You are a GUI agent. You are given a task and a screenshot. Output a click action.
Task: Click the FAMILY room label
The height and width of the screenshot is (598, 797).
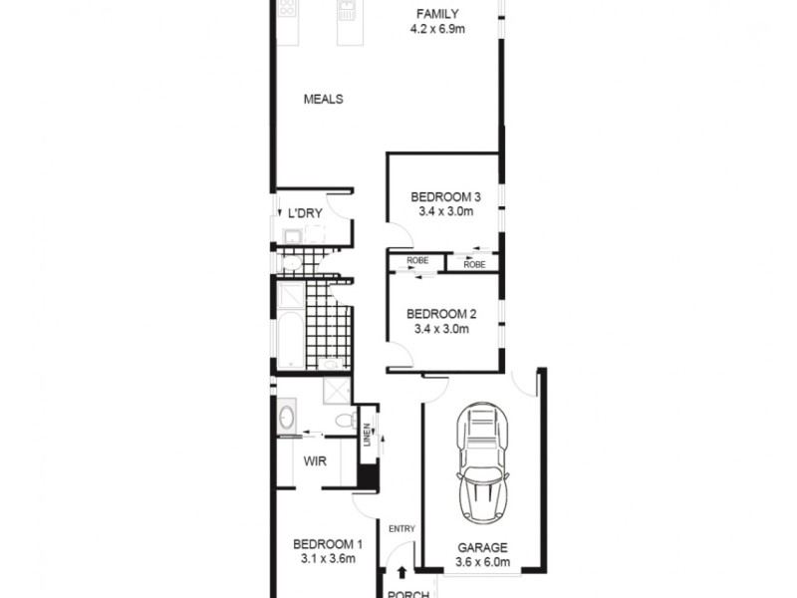437,14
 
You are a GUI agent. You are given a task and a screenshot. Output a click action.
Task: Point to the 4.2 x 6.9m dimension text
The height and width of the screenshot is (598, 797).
437,29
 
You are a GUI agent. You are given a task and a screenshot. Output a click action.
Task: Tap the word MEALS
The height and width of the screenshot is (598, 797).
324,99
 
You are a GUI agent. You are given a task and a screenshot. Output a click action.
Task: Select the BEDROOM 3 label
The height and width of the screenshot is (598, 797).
439,196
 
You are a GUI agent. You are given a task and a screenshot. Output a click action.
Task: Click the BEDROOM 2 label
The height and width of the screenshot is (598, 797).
439,314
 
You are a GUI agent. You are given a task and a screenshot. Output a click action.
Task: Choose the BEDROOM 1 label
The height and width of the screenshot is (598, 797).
327,544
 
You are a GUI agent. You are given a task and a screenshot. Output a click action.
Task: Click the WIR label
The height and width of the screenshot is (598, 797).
317,460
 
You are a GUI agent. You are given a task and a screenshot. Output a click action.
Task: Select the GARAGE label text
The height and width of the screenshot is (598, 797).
482,547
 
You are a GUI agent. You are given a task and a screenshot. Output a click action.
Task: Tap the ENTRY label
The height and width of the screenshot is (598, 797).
401,528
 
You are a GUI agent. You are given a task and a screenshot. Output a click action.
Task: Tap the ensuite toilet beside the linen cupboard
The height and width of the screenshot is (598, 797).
344,420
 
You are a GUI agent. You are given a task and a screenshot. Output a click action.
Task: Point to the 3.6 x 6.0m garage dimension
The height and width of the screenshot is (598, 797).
482,562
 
